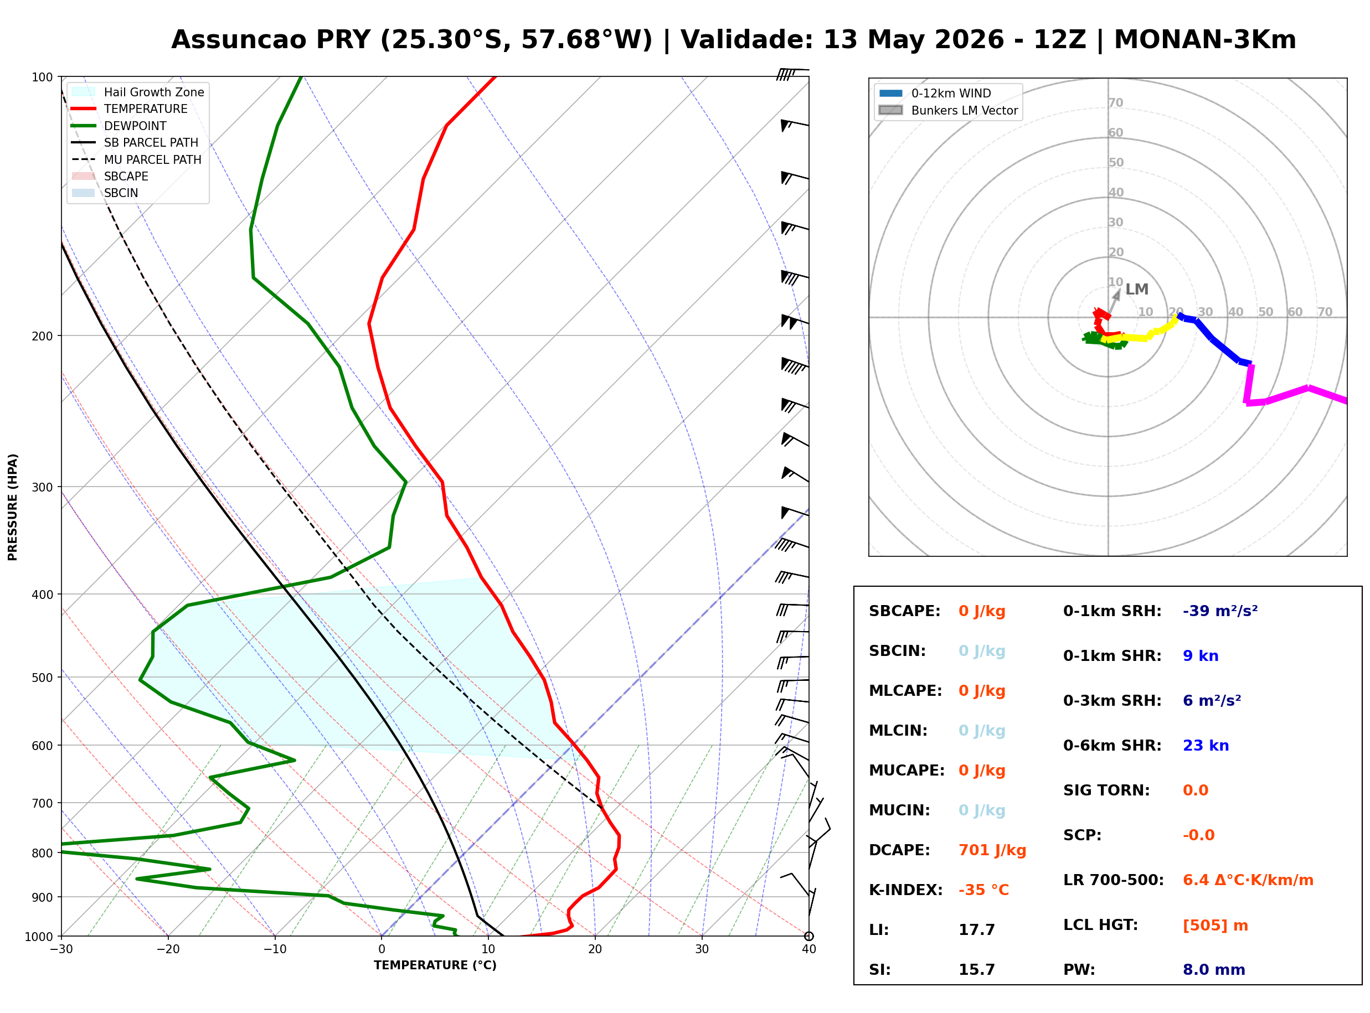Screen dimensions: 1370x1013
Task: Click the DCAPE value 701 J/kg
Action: tap(992, 850)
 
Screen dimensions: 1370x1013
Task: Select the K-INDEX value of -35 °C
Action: tap(983, 890)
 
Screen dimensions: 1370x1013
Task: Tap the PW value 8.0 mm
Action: tap(1214, 969)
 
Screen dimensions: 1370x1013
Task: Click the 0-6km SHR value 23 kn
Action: tap(1206, 746)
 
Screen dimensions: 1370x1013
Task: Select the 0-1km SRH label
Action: tap(1112, 611)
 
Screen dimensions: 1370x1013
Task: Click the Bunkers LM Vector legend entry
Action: tap(948, 110)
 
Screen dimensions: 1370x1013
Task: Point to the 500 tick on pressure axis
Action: tap(42, 678)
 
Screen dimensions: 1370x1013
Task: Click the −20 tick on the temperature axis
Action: tap(167, 949)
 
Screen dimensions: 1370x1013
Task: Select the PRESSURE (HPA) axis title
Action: tap(12, 507)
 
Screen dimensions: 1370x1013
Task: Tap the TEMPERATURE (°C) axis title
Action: tap(435, 965)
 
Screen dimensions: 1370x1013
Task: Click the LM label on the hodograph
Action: tap(1137, 290)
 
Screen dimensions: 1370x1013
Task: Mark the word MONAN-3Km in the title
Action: tap(1205, 40)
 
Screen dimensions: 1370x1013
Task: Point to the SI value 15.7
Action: tap(976, 969)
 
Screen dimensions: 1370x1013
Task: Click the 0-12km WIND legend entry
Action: tap(935, 93)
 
